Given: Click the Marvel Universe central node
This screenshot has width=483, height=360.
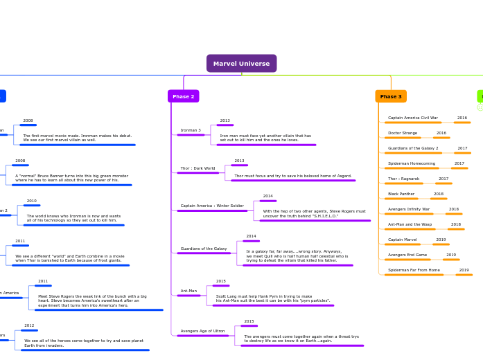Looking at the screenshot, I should [x=241, y=64].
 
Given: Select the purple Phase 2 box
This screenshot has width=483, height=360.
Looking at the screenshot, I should [x=183, y=96].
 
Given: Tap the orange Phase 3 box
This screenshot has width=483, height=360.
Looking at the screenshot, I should [x=391, y=96].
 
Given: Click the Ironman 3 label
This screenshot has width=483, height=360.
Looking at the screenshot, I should [x=191, y=130].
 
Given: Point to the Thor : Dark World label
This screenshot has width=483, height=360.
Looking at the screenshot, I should [x=197, y=168].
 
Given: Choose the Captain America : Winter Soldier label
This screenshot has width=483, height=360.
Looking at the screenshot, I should [x=212, y=206].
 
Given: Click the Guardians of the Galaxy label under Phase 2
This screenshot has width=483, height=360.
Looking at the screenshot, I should [x=204, y=249].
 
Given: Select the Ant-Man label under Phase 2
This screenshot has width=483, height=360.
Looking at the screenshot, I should [x=188, y=291].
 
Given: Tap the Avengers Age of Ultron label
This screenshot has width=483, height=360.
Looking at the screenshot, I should [x=202, y=331].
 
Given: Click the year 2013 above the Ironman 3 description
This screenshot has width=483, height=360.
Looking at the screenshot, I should [x=225, y=120].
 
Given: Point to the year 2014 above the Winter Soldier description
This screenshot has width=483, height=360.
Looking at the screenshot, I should [x=267, y=196].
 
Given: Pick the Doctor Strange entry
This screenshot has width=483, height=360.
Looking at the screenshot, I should [x=403, y=133].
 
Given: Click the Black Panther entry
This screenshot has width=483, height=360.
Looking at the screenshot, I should [x=401, y=194].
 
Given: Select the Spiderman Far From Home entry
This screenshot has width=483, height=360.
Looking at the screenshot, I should [x=414, y=270].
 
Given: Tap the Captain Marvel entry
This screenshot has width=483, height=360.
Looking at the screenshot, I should [x=403, y=240].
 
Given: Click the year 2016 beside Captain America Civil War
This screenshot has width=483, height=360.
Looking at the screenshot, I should [x=462, y=118].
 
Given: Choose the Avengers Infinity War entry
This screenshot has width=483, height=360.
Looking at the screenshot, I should [x=409, y=209].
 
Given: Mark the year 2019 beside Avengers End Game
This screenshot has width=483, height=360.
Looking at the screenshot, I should [x=451, y=255].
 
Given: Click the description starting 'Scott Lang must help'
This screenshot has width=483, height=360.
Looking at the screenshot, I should [x=273, y=298].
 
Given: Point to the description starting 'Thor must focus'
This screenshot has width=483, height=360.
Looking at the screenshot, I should [x=293, y=176].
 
